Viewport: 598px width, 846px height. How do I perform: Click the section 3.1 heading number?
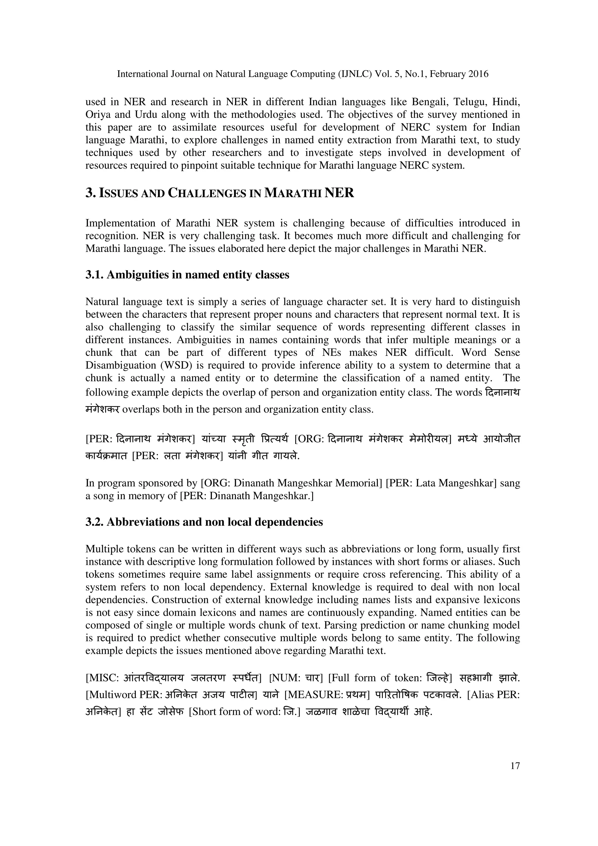point(94,275)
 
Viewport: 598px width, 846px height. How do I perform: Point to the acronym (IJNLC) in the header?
point(355,74)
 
